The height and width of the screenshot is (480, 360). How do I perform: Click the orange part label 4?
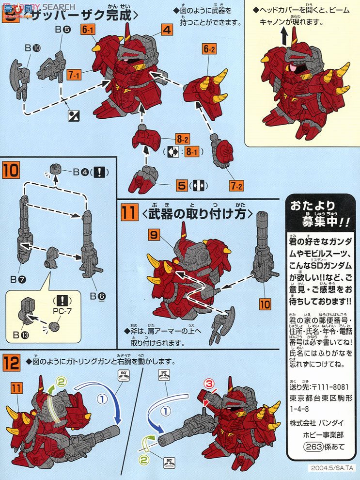(x=166, y=30)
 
